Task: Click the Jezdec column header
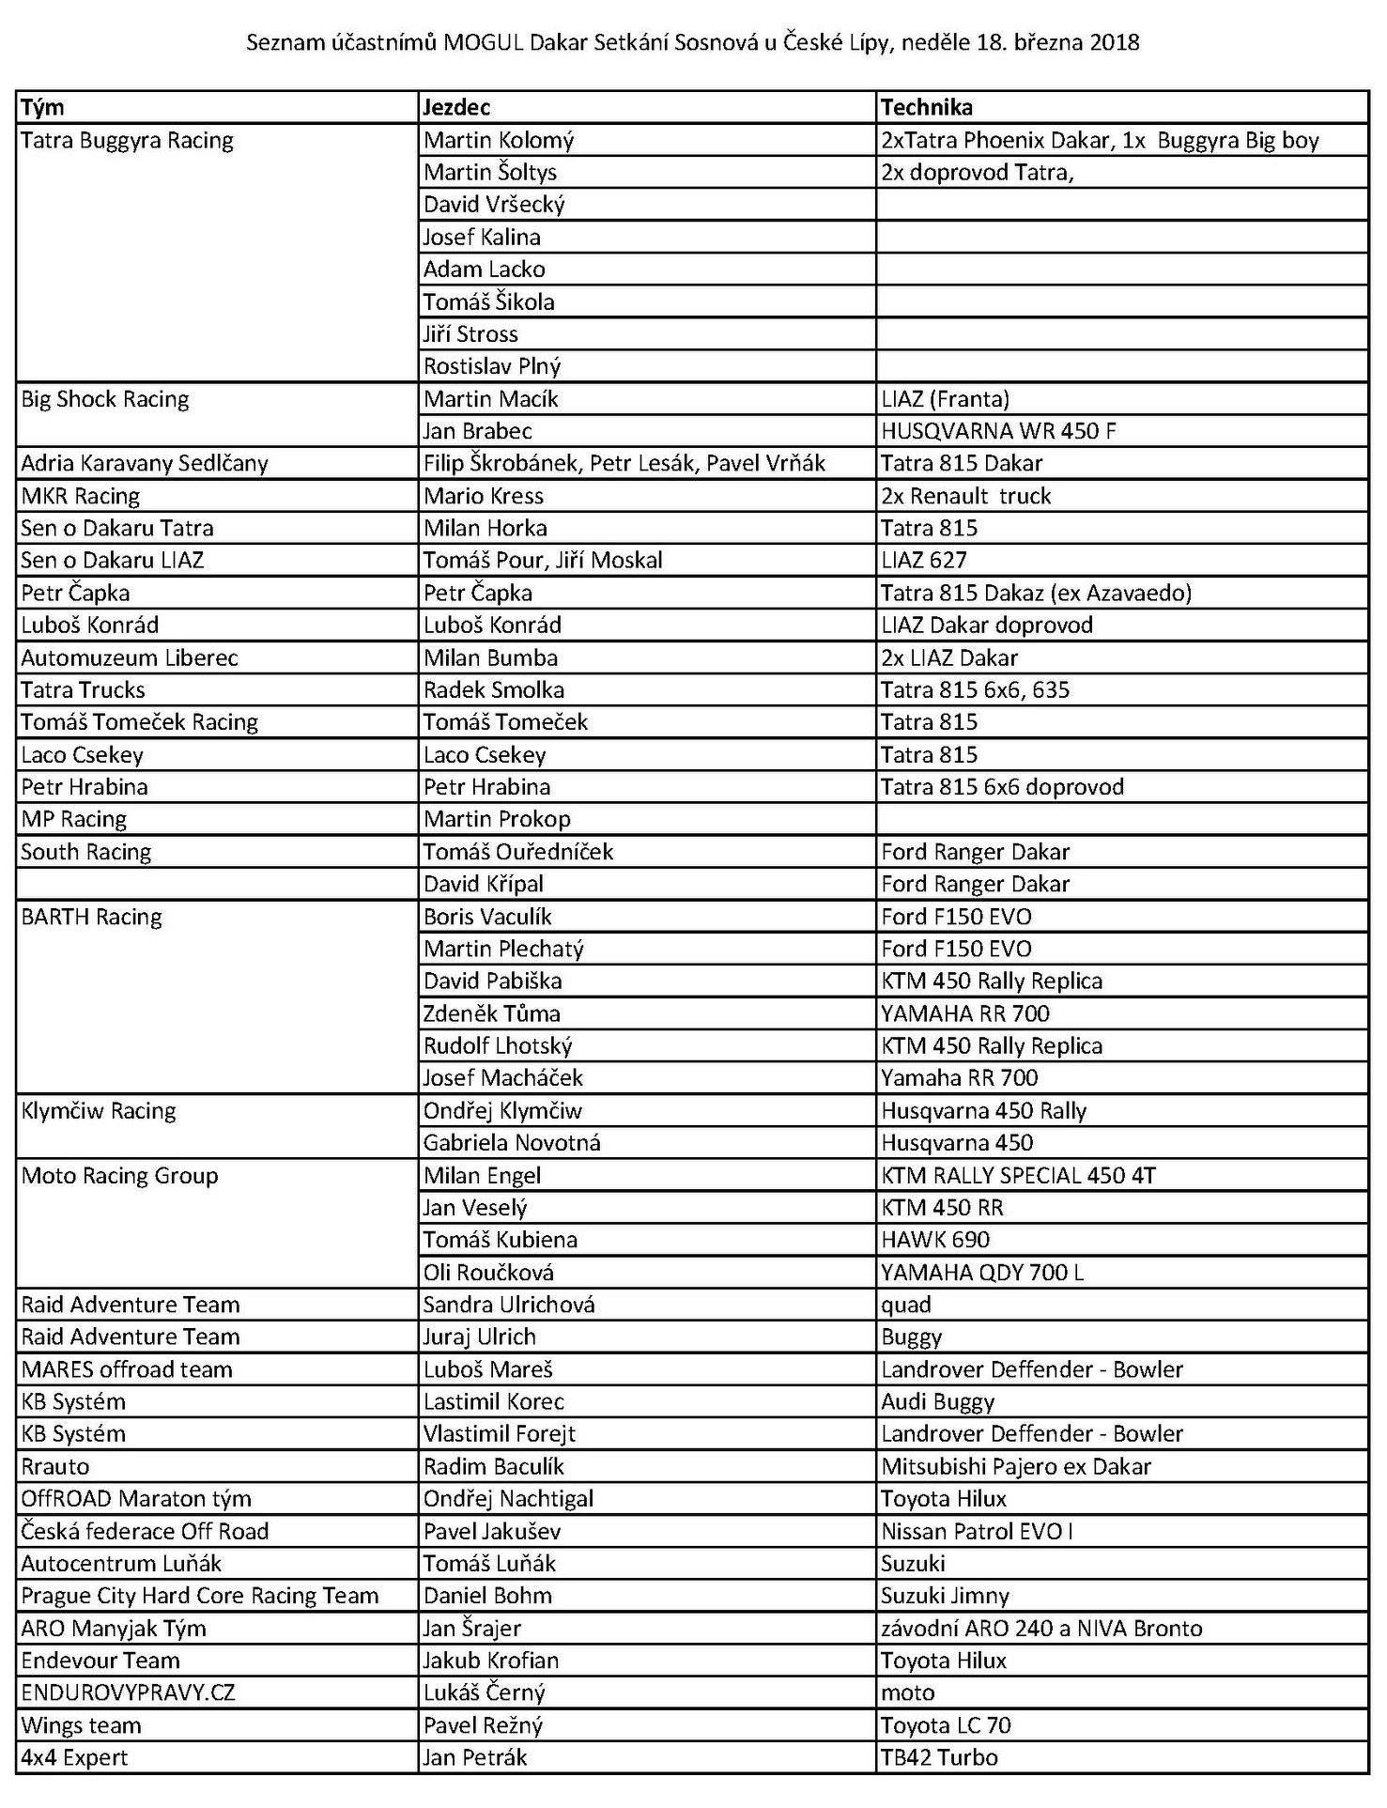[x=456, y=107]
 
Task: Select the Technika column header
[x=926, y=107]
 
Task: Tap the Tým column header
[x=42, y=107]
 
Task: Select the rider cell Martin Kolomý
[x=499, y=140]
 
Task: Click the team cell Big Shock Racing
[x=105, y=399]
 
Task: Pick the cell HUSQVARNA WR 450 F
[x=998, y=431]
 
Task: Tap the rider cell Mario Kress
[x=483, y=496]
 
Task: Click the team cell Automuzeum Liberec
[x=130, y=657]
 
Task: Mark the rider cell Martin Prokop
[x=497, y=819]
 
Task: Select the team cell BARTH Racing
[x=91, y=917]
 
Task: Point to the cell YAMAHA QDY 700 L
[x=982, y=1273]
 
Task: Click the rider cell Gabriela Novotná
[x=512, y=1143]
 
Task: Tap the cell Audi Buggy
[x=937, y=1402]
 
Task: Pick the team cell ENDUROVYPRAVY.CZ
[x=128, y=1693]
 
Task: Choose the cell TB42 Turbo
[x=939, y=1758]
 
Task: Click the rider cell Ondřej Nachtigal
[x=508, y=1499]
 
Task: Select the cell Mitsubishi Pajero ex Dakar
[x=1016, y=1467]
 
